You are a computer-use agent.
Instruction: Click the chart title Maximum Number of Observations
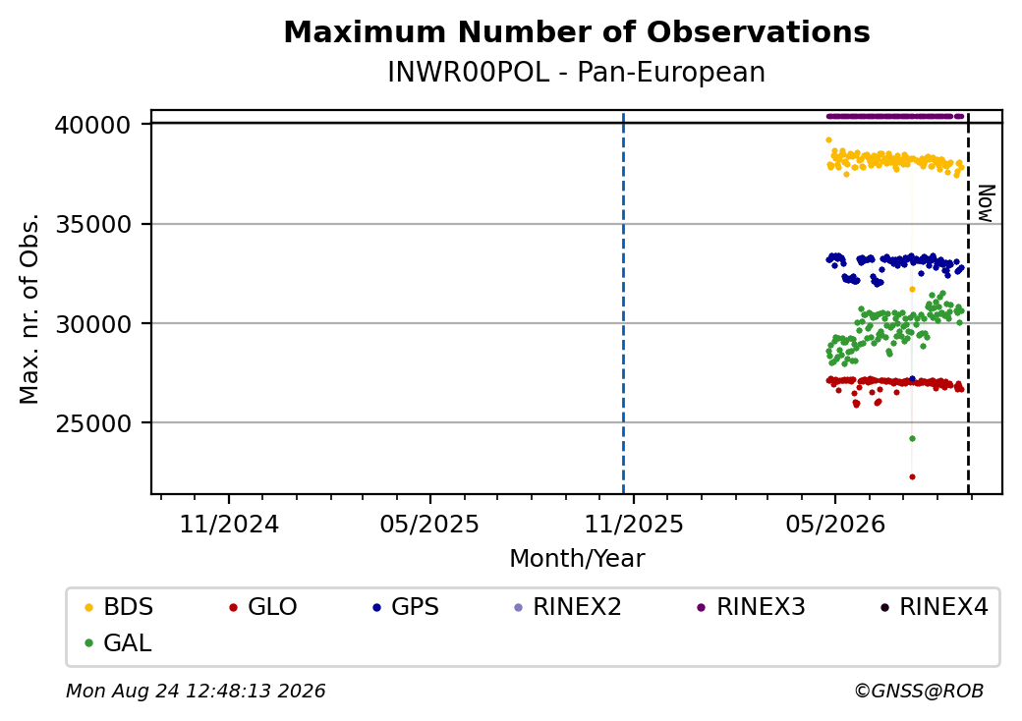point(577,31)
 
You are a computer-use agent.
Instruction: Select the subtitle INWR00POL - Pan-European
point(576,73)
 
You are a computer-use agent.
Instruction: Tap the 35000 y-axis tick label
point(93,224)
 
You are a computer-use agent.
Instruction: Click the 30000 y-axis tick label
point(93,324)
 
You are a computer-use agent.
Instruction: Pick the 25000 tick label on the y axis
point(93,423)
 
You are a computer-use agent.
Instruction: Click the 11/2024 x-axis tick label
point(229,525)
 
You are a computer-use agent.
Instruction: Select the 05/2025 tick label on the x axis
point(429,525)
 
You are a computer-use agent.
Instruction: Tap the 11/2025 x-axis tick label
point(634,525)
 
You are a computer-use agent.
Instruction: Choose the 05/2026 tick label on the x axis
point(835,525)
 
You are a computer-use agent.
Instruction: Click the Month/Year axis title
point(577,559)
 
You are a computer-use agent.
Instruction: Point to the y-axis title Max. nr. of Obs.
point(29,308)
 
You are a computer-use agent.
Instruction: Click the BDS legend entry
point(120,607)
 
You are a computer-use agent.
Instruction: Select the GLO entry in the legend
point(263,607)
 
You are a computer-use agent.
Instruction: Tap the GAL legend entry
point(119,642)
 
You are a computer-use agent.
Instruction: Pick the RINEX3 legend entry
point(752,607)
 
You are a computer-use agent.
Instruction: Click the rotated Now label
point(987,203)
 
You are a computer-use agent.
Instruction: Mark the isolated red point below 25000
point(913,476)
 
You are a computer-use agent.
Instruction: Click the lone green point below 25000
point(913,438)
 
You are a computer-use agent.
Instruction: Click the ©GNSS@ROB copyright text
point(919,691)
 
